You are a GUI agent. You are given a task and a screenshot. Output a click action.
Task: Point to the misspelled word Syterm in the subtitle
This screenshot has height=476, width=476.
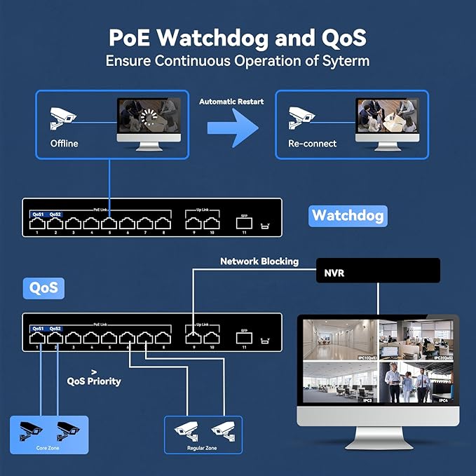pos(344,60)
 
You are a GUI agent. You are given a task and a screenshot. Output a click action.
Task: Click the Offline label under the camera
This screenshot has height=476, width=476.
pos(64,144)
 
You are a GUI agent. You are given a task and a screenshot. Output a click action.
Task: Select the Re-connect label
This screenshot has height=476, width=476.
pos(312,144)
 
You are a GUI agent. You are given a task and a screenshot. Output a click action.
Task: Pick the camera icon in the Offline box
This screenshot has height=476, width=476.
pos(63,117)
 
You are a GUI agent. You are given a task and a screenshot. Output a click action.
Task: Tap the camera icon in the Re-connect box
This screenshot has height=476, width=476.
pos(302,117)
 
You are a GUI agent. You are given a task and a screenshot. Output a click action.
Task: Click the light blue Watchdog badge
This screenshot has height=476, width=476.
pos(347,215)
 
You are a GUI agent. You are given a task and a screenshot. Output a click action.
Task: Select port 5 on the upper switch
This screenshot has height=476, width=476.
pos(109,224)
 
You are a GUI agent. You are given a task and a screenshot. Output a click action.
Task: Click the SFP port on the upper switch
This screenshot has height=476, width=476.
pos(244,224)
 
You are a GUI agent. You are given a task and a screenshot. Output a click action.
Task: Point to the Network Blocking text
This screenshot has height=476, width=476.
pos(259,261)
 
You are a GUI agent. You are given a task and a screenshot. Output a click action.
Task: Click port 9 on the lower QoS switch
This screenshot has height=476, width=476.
pos(193,338)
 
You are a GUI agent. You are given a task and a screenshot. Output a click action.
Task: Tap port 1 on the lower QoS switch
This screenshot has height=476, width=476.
pos(37,338)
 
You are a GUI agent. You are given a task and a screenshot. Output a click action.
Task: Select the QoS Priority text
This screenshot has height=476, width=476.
pos(94,381)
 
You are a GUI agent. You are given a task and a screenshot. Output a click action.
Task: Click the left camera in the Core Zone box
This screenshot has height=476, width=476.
pos(32,427)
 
